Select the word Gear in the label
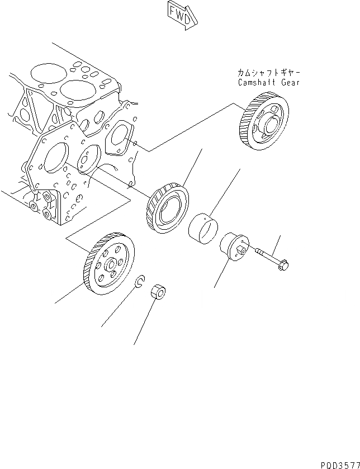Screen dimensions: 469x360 [290, 82]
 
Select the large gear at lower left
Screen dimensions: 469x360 [108, 264]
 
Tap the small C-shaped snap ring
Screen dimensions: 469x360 [141, 281]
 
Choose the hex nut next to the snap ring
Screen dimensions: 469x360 [158, 291]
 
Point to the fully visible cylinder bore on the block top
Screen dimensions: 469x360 [75, 90]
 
